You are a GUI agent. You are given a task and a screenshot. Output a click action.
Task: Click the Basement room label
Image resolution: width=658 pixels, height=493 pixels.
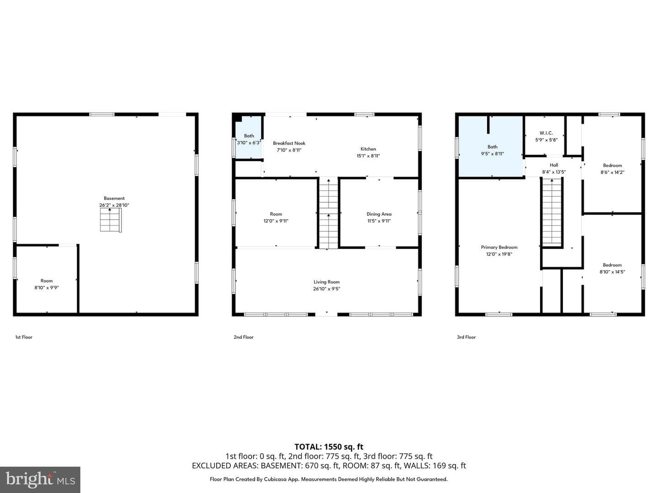(x=114, y=198)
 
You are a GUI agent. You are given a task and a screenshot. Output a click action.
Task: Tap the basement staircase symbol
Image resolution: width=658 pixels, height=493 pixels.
(x=111, y=220)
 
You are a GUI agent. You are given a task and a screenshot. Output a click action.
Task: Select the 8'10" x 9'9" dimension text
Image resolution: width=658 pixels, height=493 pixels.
(x=47, y=288)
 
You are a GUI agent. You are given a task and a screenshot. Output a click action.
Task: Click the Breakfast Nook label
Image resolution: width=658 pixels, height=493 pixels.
(x=289, y=143)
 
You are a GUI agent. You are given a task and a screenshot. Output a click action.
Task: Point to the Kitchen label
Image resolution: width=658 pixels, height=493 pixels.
(x=368, y=149)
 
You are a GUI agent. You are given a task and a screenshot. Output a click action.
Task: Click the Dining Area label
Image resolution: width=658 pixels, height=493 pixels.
(x=379, y=214)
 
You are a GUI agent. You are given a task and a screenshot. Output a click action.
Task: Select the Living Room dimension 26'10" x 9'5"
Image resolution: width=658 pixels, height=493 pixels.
(x=326, y=289)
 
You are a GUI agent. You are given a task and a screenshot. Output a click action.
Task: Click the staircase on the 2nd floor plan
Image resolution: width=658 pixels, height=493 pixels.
(x=329, y=213)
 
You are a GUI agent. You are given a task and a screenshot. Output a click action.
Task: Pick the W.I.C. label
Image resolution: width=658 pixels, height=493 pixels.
(x=546, y=133)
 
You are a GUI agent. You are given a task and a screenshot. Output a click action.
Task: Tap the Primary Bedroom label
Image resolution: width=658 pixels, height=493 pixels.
(x=499, y=247)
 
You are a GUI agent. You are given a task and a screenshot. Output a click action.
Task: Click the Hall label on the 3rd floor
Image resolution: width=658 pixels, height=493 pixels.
(x=554, y=165)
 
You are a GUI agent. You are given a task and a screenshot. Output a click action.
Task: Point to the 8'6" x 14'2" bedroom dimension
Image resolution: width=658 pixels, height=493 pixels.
(x=612, y=173)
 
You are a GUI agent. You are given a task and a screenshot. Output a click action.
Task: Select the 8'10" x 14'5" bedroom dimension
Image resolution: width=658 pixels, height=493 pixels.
(x=612, y=272)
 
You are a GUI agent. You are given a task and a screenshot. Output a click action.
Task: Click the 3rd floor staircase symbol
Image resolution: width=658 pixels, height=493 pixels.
(x=552, y=212)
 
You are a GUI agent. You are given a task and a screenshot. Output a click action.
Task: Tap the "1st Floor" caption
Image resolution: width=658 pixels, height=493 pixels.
(x=24, y=337)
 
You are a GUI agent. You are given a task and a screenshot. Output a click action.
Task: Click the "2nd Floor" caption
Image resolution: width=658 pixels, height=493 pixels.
(x=244, y=337)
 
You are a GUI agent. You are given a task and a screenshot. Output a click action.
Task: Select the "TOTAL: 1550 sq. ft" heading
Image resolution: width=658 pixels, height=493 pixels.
(x=329, y=447)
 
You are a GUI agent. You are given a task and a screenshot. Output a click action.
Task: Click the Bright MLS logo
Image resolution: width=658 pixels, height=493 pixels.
(x=40, y=480)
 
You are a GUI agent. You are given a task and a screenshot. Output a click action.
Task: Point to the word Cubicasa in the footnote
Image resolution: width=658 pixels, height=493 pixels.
(x=276, y=479)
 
